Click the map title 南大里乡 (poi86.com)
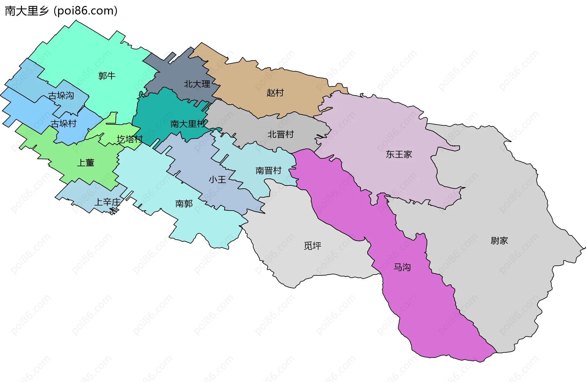[61, 11]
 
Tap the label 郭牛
[107, 75]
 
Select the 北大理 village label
[197, 84]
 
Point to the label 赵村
[275, 92]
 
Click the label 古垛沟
[61, 96]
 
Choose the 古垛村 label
[63, 123]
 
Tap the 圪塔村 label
[130, 139]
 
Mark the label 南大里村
[188, 124]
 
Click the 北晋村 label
[280, 134]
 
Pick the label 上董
[85, 163]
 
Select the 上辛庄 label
[107, 202]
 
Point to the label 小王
[217, 179]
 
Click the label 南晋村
[268, 170]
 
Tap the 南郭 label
[184, 203]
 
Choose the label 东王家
[399, 154]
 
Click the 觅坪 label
[313, 246]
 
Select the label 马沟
[402, 267]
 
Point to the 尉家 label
[499, 241]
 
